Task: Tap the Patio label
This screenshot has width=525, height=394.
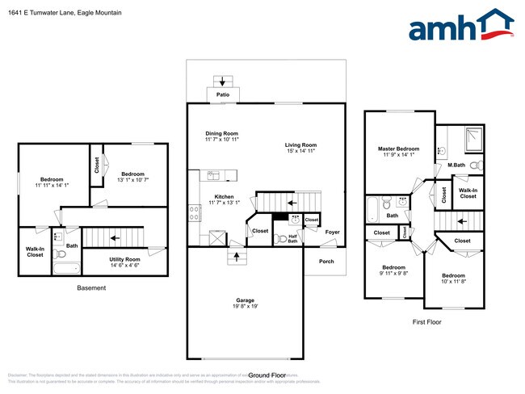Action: pos(222,95)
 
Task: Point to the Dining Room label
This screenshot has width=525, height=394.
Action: pos(221,133)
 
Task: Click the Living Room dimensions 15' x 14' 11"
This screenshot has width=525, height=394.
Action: pos(300,151)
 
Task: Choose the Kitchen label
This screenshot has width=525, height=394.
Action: pos(222,196)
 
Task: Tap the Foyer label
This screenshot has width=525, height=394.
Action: pos(332,233)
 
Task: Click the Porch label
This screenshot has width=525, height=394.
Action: pos(326,261)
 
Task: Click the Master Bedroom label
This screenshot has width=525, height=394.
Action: pos(398,149)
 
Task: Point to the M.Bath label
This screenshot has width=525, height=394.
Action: pos(456,166)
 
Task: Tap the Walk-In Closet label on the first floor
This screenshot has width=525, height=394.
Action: pos(468,194)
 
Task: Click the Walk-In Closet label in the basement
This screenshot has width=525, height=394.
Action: pos(35,252)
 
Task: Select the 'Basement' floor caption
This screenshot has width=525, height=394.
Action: pos(91,288)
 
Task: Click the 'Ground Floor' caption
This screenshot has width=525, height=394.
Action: pos(267,375)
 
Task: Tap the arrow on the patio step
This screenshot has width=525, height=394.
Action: pos(222,80)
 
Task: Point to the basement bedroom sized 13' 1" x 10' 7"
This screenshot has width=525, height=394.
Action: pos(132,177)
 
